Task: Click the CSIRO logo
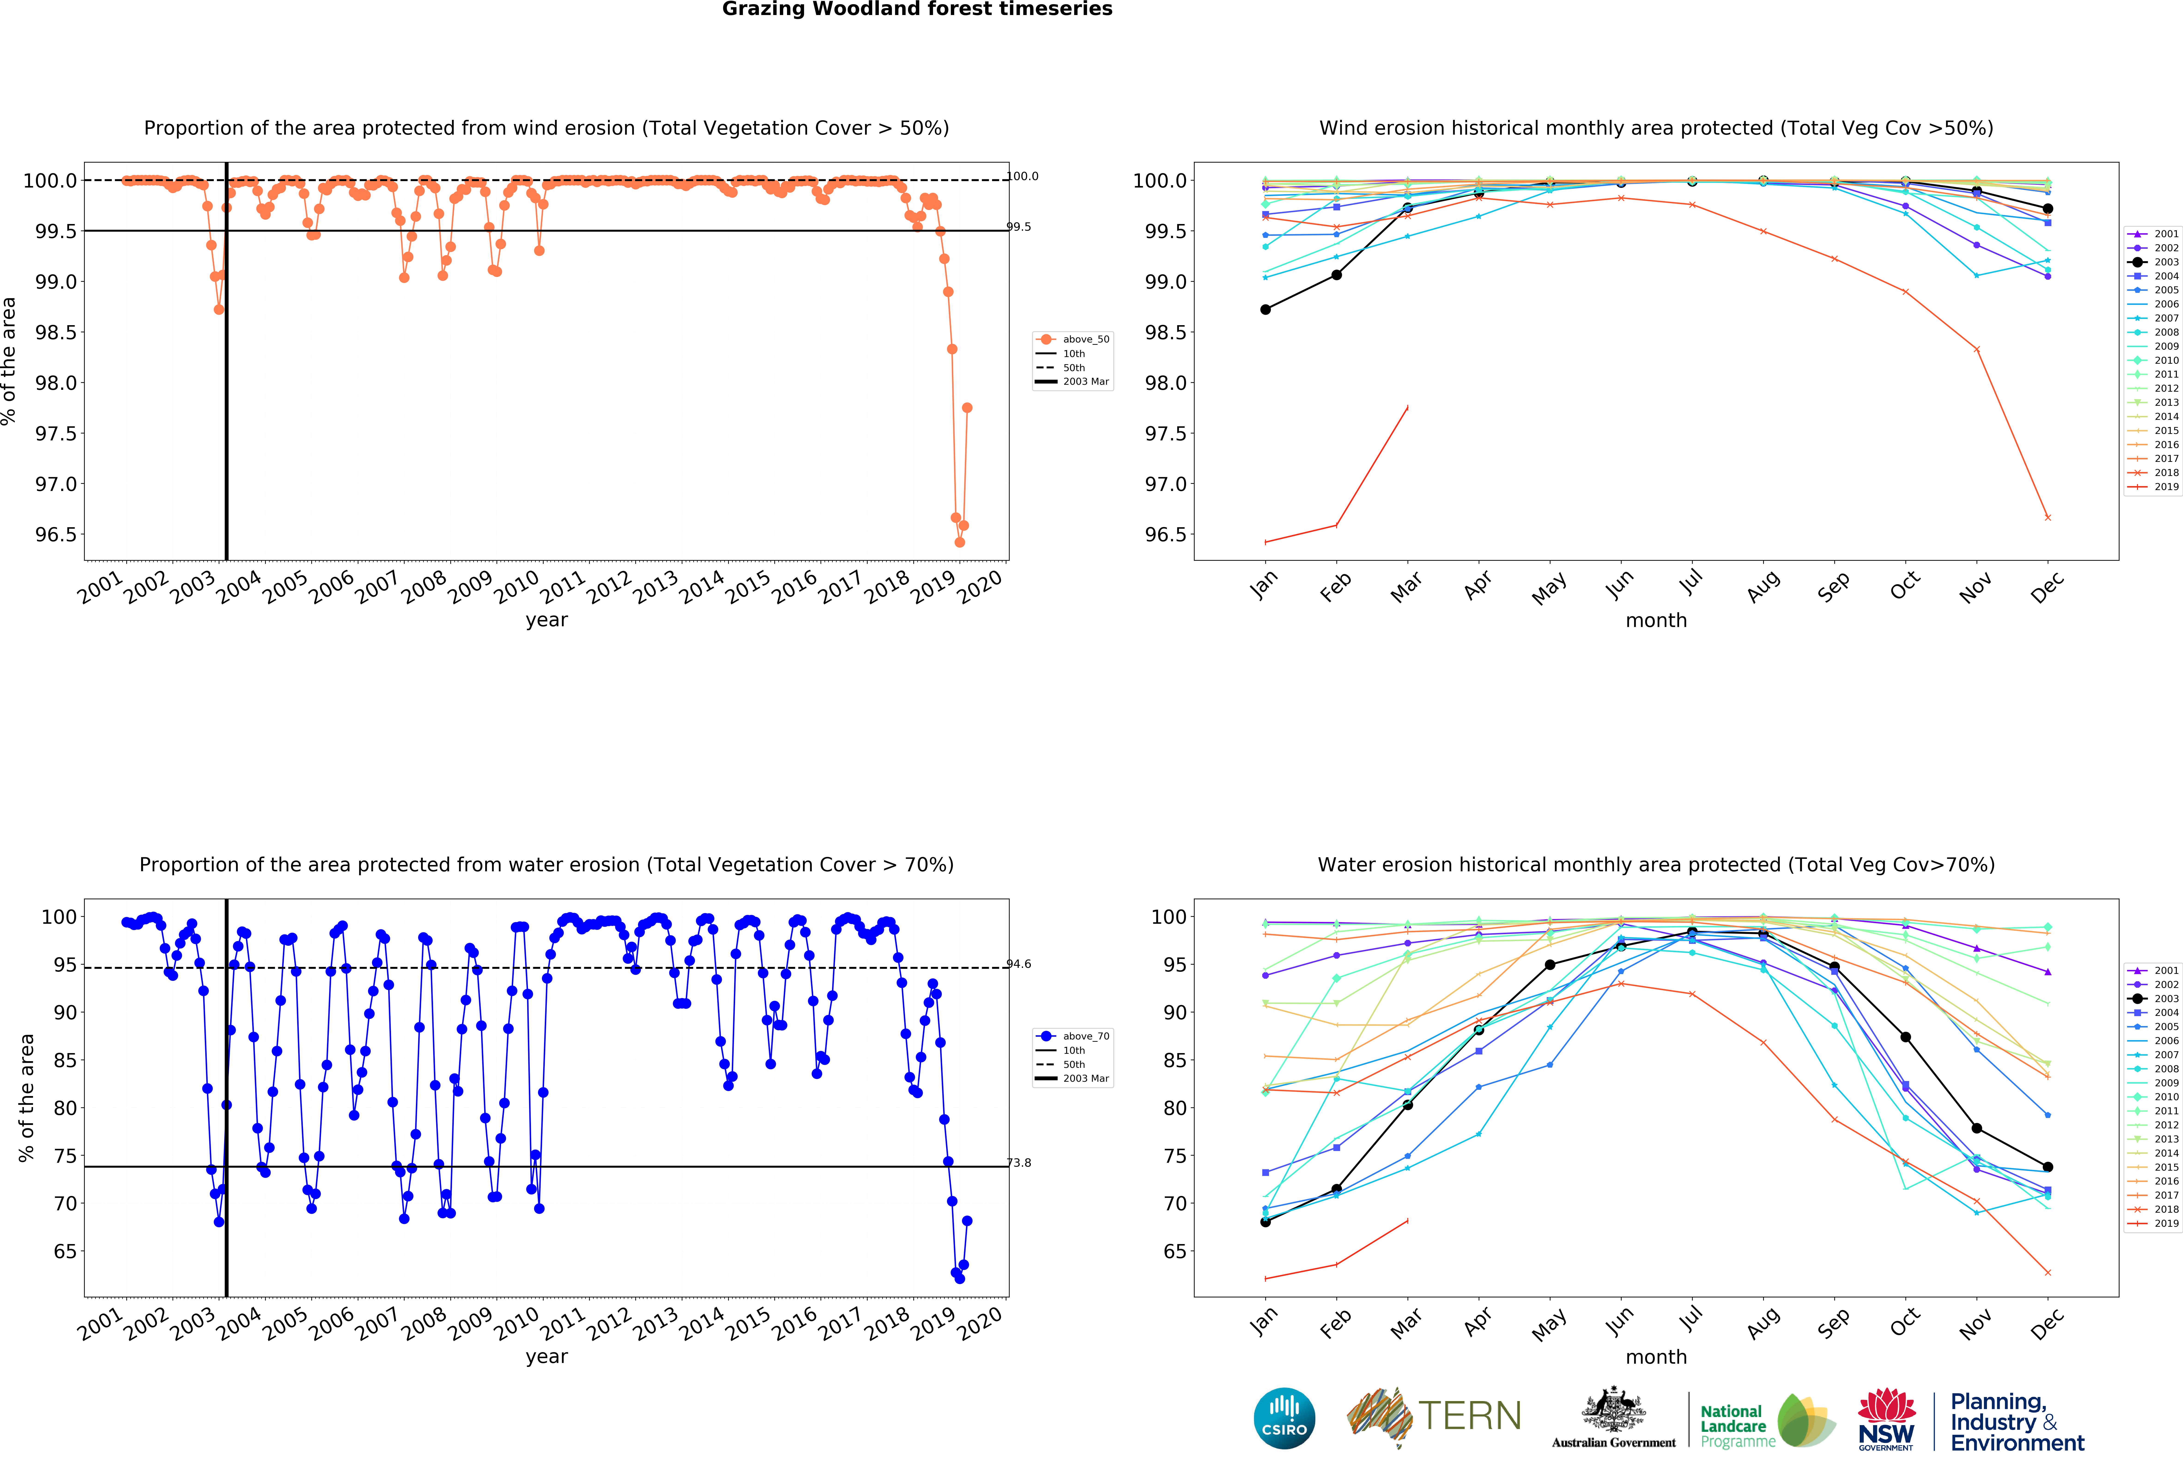tap(1284, 1418)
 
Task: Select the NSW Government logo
tap(1886, 1420)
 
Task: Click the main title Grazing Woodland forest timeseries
tap(917, 9)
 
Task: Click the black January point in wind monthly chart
tap(1265, 309)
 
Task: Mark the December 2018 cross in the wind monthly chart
tap(2048, 518)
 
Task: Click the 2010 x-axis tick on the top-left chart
tap(517, 587)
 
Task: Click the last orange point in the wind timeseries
tap(967, 408)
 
